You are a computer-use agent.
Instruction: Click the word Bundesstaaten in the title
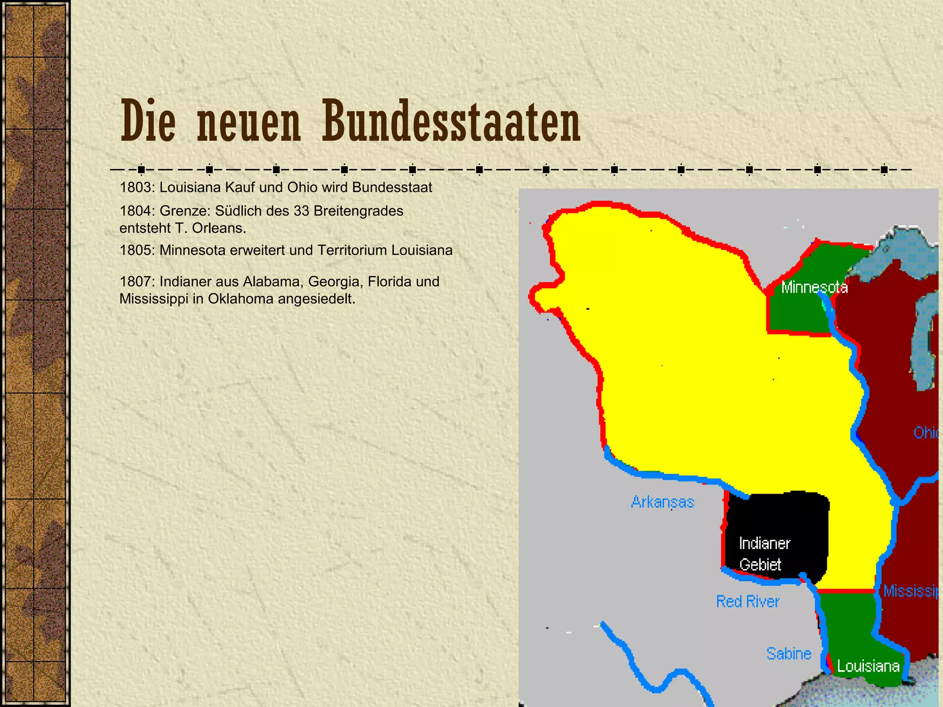(x=451, y=122)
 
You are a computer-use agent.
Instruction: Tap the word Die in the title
(x=148, y=122)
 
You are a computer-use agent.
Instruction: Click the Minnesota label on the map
(x=814, y=288)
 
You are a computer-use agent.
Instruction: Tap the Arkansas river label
(x=662, y=502)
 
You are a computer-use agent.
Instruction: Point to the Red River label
(x=747, y=602)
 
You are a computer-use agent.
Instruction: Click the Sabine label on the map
(x=788, y=654)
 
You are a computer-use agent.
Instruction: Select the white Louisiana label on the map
(x=868, y=666)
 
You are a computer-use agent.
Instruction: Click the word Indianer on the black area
(x=764, y=544)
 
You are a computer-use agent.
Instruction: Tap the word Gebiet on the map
(x=760, y=564)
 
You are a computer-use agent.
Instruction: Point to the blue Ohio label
(x=926, y=433)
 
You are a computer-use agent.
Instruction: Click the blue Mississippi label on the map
(x=912, y=591)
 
